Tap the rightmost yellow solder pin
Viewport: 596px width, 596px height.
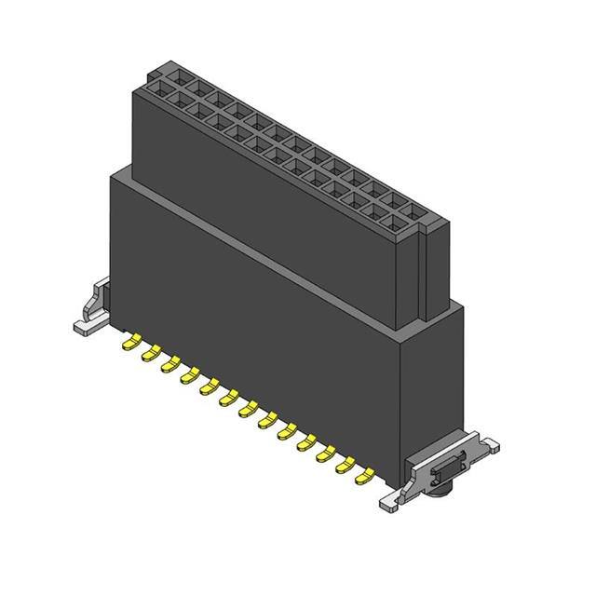click(366, 476)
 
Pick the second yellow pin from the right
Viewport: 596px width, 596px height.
click(346, 465)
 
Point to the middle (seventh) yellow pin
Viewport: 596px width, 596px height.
click(249, 409)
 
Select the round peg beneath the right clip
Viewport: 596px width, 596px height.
click(440, 487)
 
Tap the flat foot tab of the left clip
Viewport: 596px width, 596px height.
click(83, 326)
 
